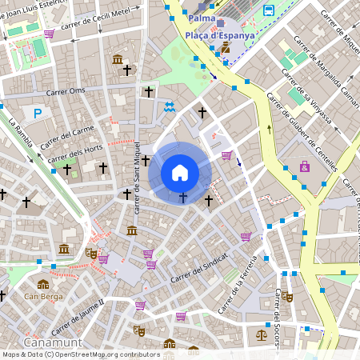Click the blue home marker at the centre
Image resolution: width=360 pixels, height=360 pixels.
180,172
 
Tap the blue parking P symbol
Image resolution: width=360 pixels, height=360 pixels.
38,113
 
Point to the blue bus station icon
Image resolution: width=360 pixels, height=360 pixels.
268,10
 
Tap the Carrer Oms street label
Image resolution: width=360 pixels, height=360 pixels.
66,91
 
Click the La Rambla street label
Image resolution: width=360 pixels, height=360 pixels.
25,136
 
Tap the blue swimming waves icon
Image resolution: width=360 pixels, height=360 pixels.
170,107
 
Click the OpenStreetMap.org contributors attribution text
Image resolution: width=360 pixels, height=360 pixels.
107,354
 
